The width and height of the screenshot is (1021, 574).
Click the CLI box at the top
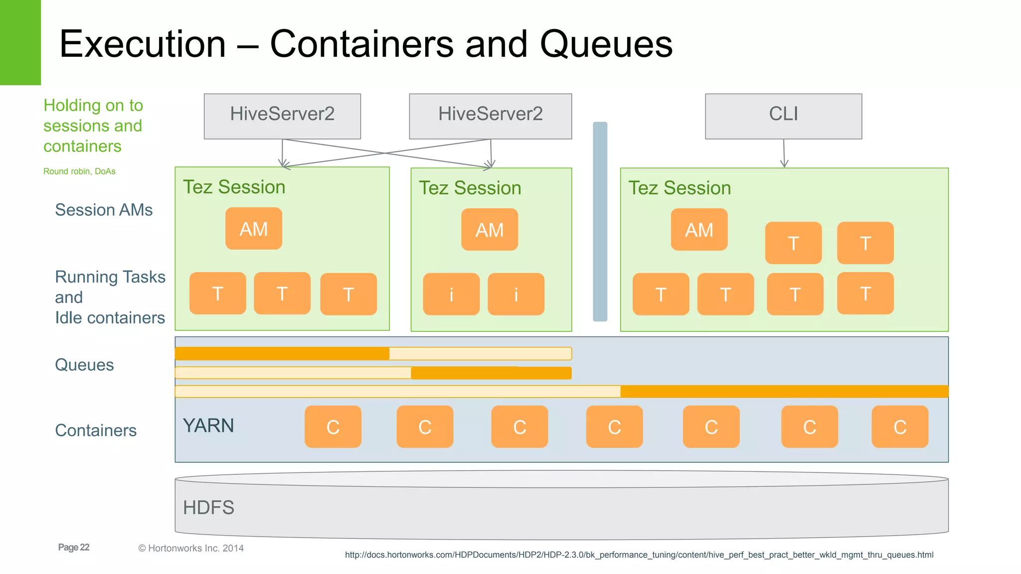[783, 116]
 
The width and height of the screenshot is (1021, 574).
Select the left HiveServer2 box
[282, 116]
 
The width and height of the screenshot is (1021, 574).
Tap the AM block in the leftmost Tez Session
[254, 229]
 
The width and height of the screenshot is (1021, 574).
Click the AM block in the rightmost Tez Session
[699, 230]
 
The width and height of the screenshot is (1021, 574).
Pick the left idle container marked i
[451, 294]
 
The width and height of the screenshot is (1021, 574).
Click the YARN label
[208, 426]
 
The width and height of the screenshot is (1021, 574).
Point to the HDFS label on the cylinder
[208, 508]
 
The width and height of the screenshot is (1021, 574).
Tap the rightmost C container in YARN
[900, 427]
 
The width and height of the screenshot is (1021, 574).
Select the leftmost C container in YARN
[333, 427]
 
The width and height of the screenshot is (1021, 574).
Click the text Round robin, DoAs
[79, 171]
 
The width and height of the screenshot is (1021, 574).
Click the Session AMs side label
[104, 210]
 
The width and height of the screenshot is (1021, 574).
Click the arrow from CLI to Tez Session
[784, 152]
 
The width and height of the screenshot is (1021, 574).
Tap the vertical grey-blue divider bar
[600, 222]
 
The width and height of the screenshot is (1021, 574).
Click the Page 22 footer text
[74, 547]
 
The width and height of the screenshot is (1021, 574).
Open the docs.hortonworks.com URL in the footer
[639, 555]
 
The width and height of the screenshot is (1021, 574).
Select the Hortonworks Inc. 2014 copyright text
[191, 548]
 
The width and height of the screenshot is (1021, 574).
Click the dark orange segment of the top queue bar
[282, 353]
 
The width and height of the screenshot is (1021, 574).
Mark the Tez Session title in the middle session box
[470, 188]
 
